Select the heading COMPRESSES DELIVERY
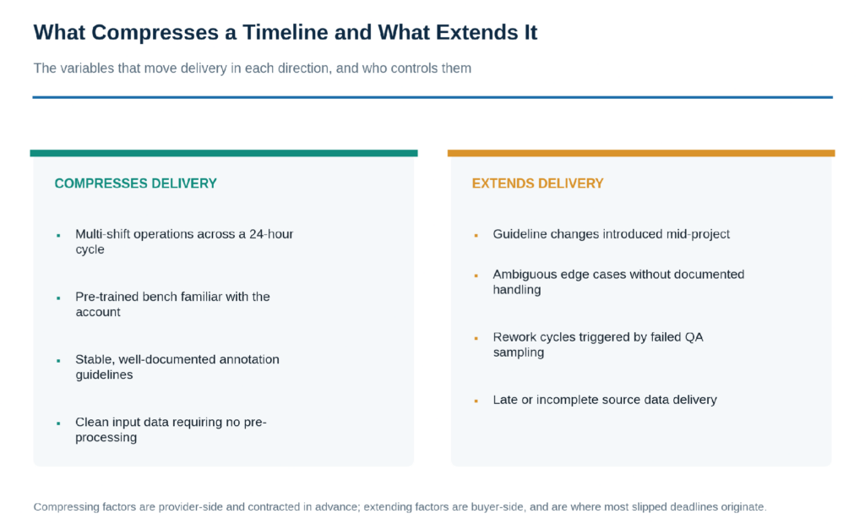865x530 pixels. tap(136, 183)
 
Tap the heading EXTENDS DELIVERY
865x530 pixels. tap(538, 183)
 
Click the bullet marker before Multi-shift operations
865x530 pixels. tap(58, 236)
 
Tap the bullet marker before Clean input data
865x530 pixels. tap(58, 423)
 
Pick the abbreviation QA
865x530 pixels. tap(694, 337)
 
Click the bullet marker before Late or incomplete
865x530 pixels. tap(476, 402)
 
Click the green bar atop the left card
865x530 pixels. tap(224, 153)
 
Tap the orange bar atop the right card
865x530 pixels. tap(641, 153)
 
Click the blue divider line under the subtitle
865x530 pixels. tap(432, 97)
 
